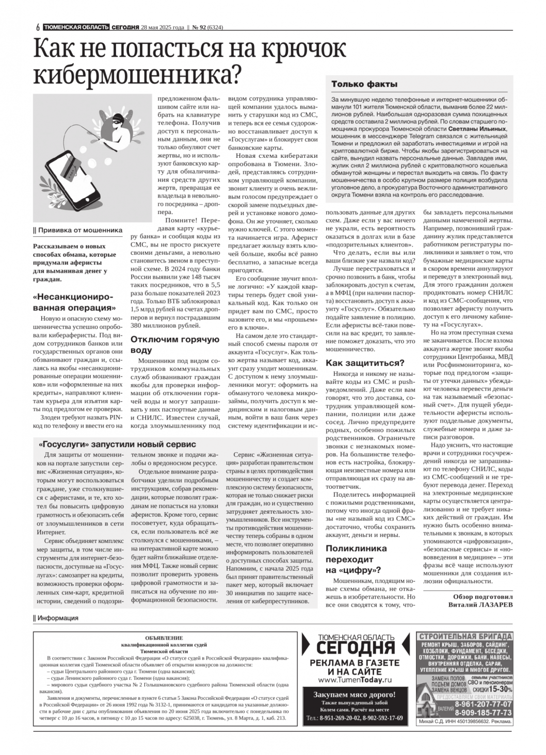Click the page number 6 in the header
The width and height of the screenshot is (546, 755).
[x=38, y=28]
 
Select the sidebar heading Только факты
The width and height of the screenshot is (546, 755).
[x=364, y=84]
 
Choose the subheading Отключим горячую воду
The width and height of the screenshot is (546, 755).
[x=175, y=344]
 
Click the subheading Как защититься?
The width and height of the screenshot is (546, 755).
[x=365, y=363]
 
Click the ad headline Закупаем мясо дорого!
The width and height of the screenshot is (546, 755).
[x=355, y=695]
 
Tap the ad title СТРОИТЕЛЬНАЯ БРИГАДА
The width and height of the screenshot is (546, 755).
[x=465, y=636]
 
